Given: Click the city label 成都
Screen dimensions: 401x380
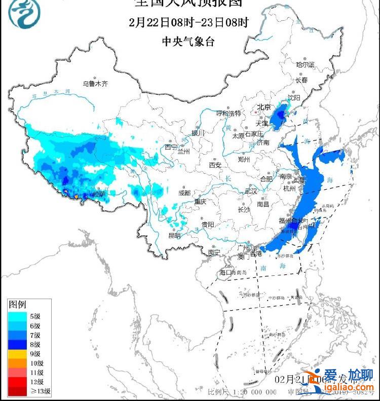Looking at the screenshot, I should point(184,193).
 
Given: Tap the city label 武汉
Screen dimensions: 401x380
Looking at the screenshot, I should point(251,191).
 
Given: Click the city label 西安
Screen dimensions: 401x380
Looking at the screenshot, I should point(215,165).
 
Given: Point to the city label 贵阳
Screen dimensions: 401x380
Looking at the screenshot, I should point(207,224).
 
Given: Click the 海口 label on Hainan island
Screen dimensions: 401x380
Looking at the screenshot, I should point(225,273).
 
